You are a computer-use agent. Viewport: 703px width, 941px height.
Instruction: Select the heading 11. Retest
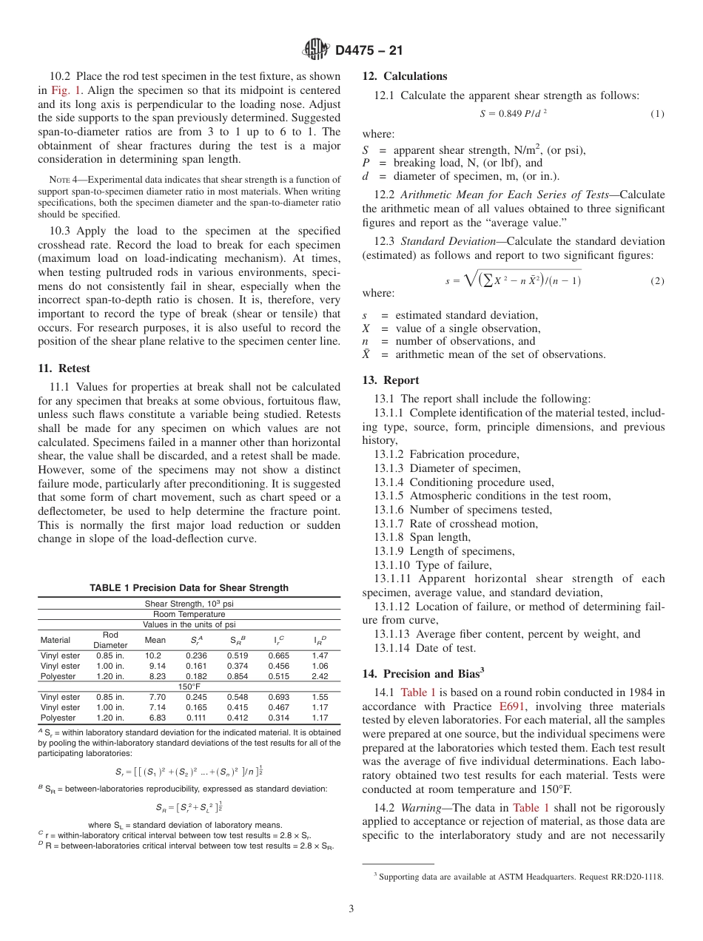click(x=64, y=368)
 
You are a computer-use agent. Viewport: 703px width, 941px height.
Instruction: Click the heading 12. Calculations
click(x=405, y=76)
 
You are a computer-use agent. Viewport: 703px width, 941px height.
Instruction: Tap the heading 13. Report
click(x=391, y=380)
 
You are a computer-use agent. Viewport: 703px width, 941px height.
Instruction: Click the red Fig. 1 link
click(x=65, y=90)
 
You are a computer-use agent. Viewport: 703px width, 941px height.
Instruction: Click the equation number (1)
click(x=657, y=114)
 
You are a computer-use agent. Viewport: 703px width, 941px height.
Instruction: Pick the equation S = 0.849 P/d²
click(x=514, y=113)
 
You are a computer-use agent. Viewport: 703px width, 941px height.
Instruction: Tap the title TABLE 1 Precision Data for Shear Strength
click(x=189, y=588)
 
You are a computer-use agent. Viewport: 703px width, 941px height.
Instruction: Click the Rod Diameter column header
click(x=110, y=640)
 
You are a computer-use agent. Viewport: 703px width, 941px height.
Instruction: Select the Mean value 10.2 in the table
click(x=153, y=655)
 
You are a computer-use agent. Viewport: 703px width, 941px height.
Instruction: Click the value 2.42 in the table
click(x=320, y=676)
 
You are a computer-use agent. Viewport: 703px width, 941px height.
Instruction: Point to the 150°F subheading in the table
click(x=189, y=687)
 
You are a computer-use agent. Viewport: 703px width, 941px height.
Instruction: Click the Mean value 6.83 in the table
click(x=157, y=718)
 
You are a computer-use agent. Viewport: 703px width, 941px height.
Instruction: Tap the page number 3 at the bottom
click(x=351, y=909)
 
